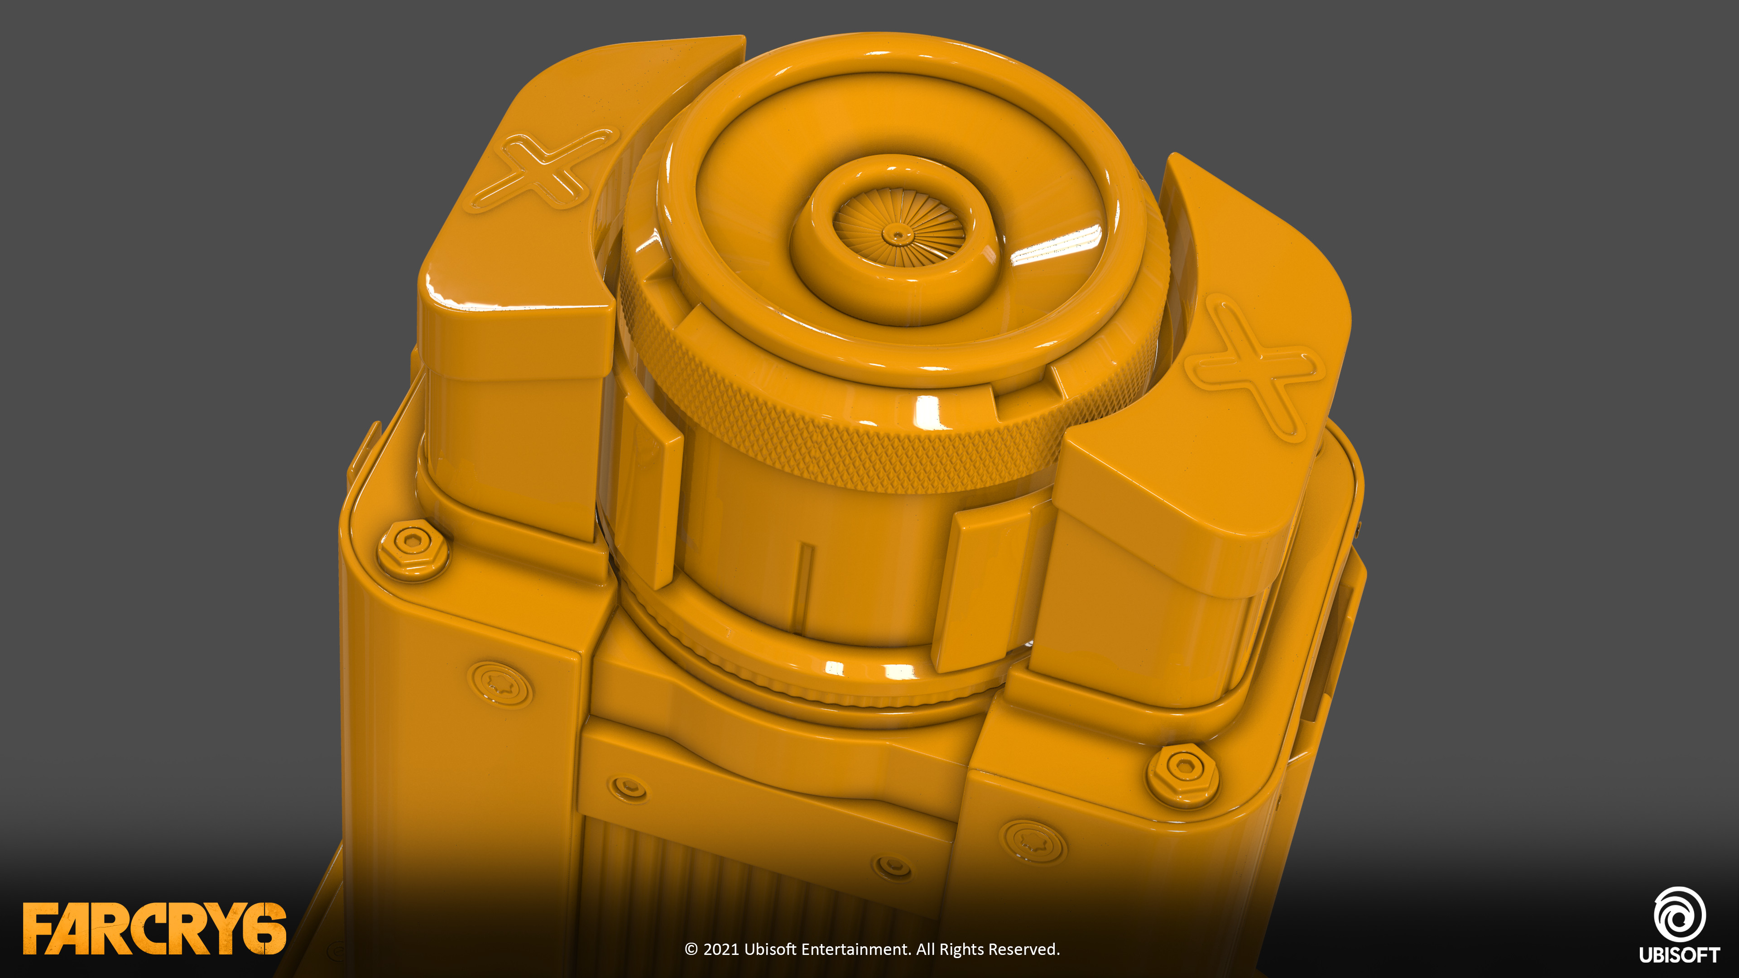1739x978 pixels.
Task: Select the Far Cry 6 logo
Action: click(x=154, y=929)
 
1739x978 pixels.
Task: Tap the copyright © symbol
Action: click(x=691, y=949)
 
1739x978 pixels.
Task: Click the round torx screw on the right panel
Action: click(x=1032, y=841)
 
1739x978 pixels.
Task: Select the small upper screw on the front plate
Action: click(x=628, y=788)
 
